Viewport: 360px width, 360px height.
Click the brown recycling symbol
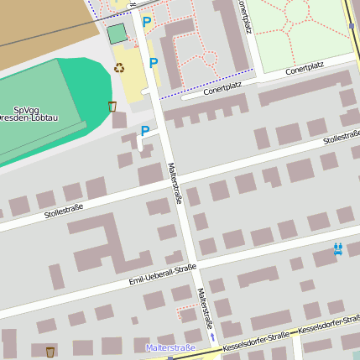(119, 68)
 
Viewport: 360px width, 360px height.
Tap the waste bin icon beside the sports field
(112, 107)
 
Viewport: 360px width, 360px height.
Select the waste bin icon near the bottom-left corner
(50, 352)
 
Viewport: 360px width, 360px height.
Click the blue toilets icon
(337, 249)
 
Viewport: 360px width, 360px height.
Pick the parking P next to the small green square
(147, 23)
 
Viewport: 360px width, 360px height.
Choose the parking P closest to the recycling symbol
(153, 63)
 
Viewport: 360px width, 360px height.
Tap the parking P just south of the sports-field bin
(145, 131)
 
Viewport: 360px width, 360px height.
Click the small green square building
(117, 34)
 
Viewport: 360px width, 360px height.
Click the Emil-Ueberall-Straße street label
(163, 274)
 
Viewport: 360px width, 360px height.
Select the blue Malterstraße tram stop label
(170, 347)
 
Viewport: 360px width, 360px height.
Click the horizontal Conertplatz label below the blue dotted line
(222, 87)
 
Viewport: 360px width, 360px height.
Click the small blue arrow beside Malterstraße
(212, 337)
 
